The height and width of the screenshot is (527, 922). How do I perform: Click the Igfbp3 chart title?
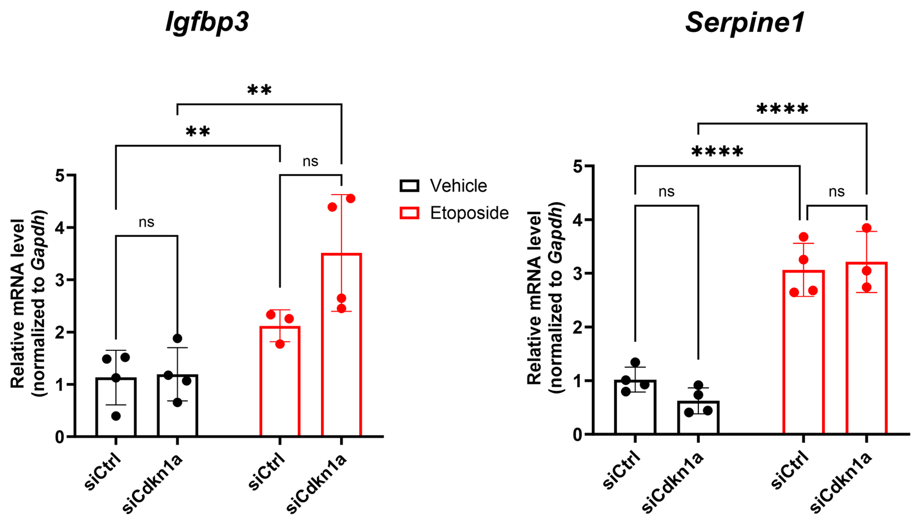pyautogui.click(x=207, y=22)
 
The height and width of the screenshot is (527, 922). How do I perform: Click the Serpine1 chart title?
pyautogui.click(x=745, y=22)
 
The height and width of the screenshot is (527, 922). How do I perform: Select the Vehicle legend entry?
pyautogui.click(x=444, y=186)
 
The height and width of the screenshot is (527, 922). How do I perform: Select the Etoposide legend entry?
pyautogui.click(x=454, y=213)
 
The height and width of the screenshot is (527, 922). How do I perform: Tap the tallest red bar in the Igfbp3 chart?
pyautogui.click(x=341, y=344)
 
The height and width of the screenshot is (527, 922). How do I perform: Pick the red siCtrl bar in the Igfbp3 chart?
pyautogui.click(x=280, y=380)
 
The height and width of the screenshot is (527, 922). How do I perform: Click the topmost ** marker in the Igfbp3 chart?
pyautogui.click(x=259, y=90)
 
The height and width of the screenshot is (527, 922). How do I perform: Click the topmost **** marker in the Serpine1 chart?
pyautogui.click(x=782, y=109)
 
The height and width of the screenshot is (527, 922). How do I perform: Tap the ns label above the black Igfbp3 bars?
pyautogui.click(x=146, y=222)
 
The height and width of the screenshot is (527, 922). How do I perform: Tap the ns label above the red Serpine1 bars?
pyautogui.click(x=836, y=191)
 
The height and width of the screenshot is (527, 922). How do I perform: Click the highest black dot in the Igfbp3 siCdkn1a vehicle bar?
pyautogui.click(x=177, y=338)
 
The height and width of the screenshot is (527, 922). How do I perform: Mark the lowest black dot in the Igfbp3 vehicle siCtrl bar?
pyautogui.click(x=116, y=416)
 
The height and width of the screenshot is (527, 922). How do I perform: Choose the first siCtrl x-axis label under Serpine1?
pyautogui.click(x=621, y=470)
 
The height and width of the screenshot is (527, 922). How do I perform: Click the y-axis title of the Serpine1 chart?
pyautogui.click(x=545, y=297)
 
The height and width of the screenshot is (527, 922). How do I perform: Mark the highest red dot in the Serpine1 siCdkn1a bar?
pyautogui.click(x=867, y=228)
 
